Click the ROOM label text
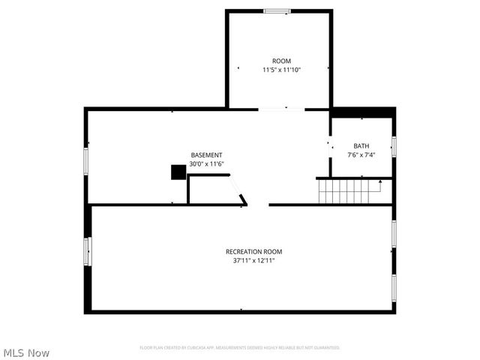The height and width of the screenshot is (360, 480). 281,61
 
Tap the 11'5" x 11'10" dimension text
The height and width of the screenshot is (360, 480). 281,70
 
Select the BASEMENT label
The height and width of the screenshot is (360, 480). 206,154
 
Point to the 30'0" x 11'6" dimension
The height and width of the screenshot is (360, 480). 206,163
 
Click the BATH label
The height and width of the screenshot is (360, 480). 361,145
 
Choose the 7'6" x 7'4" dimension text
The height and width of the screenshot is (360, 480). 361,154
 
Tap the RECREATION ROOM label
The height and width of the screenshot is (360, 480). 254,251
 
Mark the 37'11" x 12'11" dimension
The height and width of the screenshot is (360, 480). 254,260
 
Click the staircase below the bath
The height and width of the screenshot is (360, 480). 345,191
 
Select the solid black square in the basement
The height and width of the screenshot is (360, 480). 178,172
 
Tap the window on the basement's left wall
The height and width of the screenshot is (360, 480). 86,160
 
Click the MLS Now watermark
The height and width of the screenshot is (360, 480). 26,352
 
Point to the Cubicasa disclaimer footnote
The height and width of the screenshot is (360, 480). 240,348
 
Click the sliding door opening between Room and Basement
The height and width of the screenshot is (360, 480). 281,109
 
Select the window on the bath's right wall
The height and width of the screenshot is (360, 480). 394,145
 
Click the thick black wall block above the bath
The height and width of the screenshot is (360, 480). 363,112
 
